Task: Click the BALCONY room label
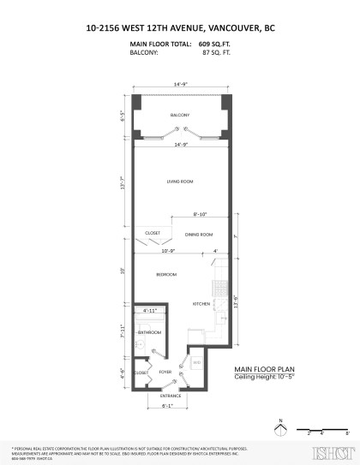tap(179, 116)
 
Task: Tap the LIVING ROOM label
tap(179, 182)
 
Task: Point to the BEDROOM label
tap(166, 274)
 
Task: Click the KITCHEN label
tap(201, 304)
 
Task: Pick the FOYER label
tap(165, 373)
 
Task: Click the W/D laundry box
tap(196, 362)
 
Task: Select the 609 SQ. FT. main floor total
tap(214, 43)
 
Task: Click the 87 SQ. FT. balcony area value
tap(216, 52)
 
